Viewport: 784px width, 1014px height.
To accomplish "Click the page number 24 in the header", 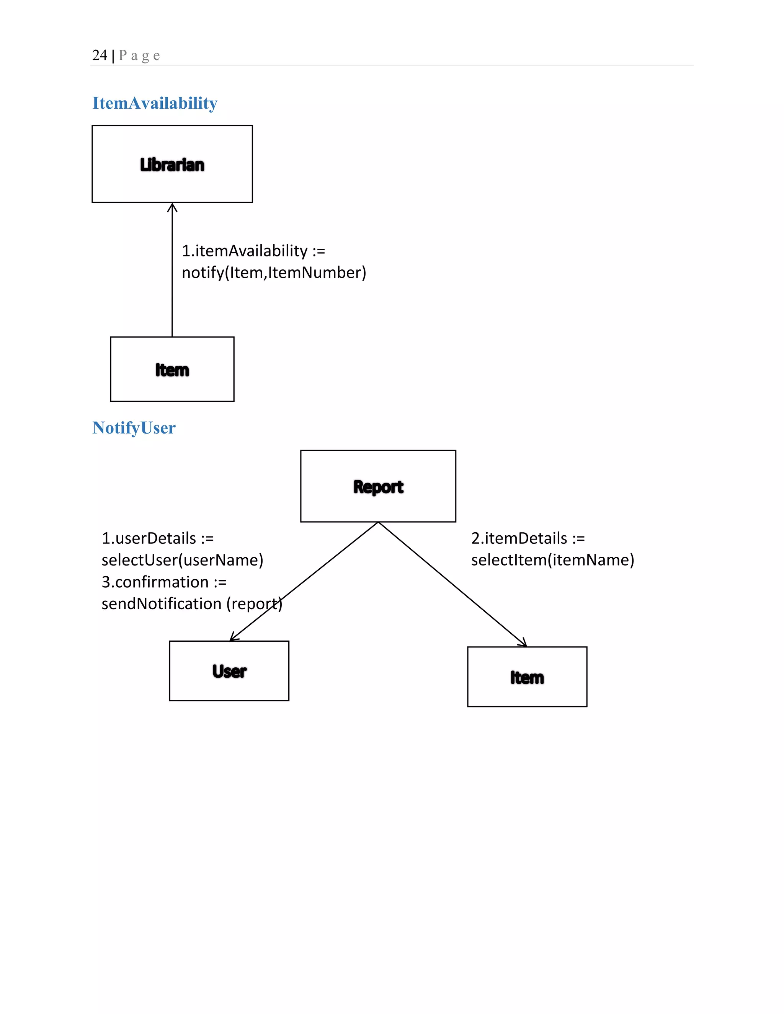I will pyautogui.click(x=100, y=55).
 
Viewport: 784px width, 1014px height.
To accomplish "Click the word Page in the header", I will pyautogui.click(x=139, y=56).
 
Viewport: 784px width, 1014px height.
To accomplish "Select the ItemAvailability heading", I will pyautogui.click(x=155, y=103).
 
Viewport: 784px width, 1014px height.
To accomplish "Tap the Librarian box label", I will pyautogui.click(x=172, y=165).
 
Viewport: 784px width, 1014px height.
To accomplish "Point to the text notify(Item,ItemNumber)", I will pyautogui.click(x=274, y=272).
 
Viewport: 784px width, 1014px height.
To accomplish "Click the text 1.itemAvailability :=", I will pyautogui.click(x=253, y=251).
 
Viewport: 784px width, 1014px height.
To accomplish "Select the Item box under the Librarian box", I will pyautogui.click(x=172, y=370).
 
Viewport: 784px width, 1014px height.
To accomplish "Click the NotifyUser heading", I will pyautogui.click(x=134, y=428).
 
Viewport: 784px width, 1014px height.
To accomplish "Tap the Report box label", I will pyautogui.click(x=378, y=487).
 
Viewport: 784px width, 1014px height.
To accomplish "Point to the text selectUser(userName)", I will pyautogui.click(x=182, y=560).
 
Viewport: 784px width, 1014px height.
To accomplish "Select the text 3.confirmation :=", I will pyautogui.click(x=164, y=582).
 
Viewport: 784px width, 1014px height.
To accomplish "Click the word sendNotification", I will pyautogui.click(x=161, y=603).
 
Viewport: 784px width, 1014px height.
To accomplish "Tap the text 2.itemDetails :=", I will pyautogui.click(x=528, y=538).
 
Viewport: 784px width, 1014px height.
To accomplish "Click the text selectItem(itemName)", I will pyautogui.click(x=552, y=560).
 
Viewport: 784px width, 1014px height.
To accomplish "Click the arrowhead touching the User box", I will pyautogui.click(x=233, y=638).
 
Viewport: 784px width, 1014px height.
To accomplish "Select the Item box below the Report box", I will pyautogui.click(x=527, y=677).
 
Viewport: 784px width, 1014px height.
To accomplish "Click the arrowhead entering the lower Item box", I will pyautogui.click(x=523, y=644).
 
